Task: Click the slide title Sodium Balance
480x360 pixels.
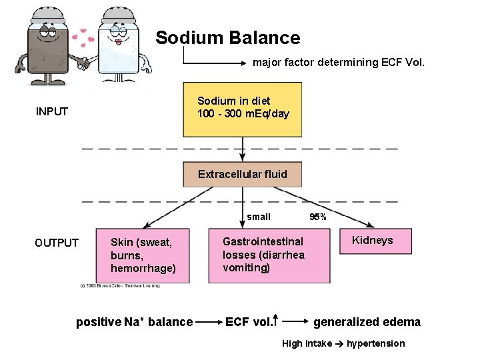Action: (x=227, y=38)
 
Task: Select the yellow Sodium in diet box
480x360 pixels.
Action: (x=243, y=108)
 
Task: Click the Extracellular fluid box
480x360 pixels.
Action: (x=243, y=175)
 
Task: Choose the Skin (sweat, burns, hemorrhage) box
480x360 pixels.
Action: (x=147, y=255)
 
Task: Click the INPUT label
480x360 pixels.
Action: (x=52, y=111)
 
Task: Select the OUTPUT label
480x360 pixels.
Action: (x=57, y=243)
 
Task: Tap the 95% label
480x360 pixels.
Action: (x=318, y=217)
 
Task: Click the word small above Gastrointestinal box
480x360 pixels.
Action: (x=259, y=217)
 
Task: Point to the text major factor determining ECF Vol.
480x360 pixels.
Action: (x=338, y=63)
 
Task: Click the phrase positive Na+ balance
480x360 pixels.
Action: (x=134, y=322)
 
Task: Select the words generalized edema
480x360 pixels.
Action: (x=367, y=322)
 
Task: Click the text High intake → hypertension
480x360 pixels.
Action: (x=343, y=343)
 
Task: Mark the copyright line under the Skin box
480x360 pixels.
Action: (x=119, y=286)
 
